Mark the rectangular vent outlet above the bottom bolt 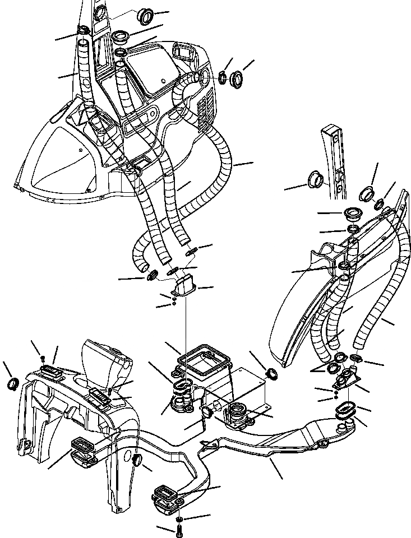167,497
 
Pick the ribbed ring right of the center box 271,373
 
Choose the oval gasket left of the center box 183,385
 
